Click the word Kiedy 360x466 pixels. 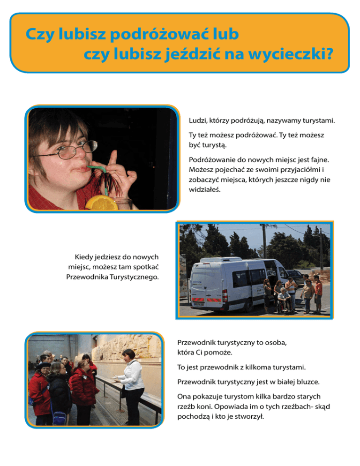tap(84, 257)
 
